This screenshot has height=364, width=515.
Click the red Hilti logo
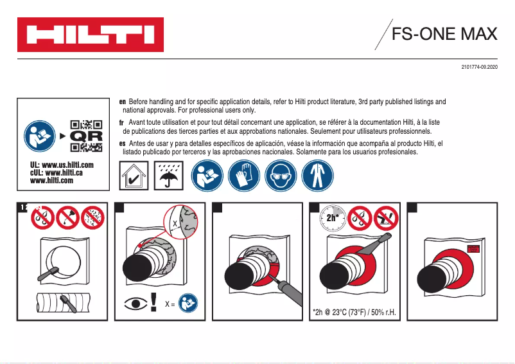pos(91,35)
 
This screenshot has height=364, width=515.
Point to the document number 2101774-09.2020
pos(479,68)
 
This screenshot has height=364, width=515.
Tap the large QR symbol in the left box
pos(85,136)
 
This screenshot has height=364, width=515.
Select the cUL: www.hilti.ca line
pos(57,173)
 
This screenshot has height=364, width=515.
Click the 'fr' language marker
pos(121,122)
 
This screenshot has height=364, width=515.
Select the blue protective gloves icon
pos(245,176)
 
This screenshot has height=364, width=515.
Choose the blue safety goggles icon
pos(281,176)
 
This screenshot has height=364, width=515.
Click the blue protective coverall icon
pos(317,176)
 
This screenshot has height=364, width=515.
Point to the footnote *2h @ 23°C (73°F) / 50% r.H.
pos(354,313)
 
